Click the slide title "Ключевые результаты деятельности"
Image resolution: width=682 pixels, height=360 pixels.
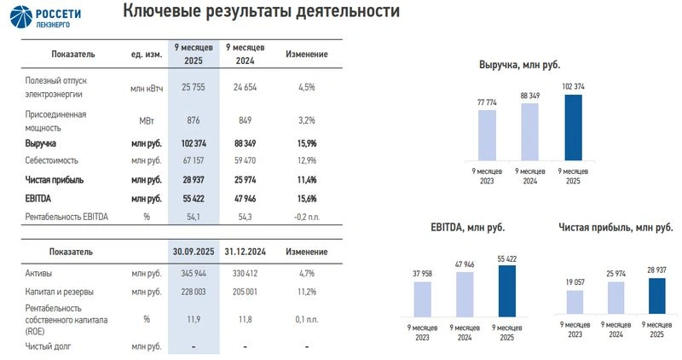pyautogui.click(x=260, y=12)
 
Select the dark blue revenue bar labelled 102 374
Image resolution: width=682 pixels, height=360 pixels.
pyautogui.click(x=573, y=127)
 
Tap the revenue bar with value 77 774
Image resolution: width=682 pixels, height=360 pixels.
pyautogui.click(x=488, y=135)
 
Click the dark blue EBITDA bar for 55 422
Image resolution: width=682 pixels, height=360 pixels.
pyautogui.click(x=507, y=290)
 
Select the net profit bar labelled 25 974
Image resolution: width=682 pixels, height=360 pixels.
pyautogui.click(x=616, y=298)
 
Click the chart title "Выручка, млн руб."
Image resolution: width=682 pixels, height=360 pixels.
pyautogui.click(x=531, y=65)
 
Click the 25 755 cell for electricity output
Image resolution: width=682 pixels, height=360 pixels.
pyautogui.click(x=195, y=87)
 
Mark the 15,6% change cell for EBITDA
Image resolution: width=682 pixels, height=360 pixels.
pyautogui.click(x=306, y=198)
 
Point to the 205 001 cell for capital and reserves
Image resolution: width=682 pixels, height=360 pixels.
pyautogui.click(x=245, y=292)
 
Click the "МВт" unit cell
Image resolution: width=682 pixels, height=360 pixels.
pyautogui.click(x=146, y=120)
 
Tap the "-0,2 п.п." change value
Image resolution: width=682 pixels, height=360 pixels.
pyautogui.click(x=306, y=217)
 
